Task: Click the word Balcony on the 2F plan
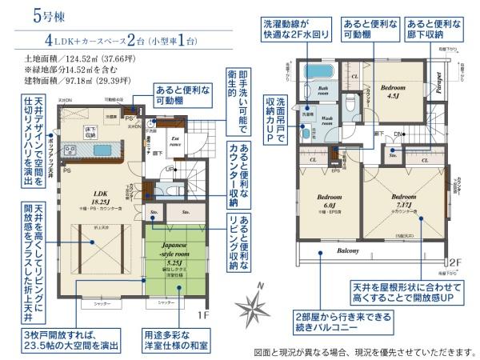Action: [x=347, y=250]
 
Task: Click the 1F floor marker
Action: [x=205, y=315]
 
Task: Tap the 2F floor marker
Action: [x=455, y=261]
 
